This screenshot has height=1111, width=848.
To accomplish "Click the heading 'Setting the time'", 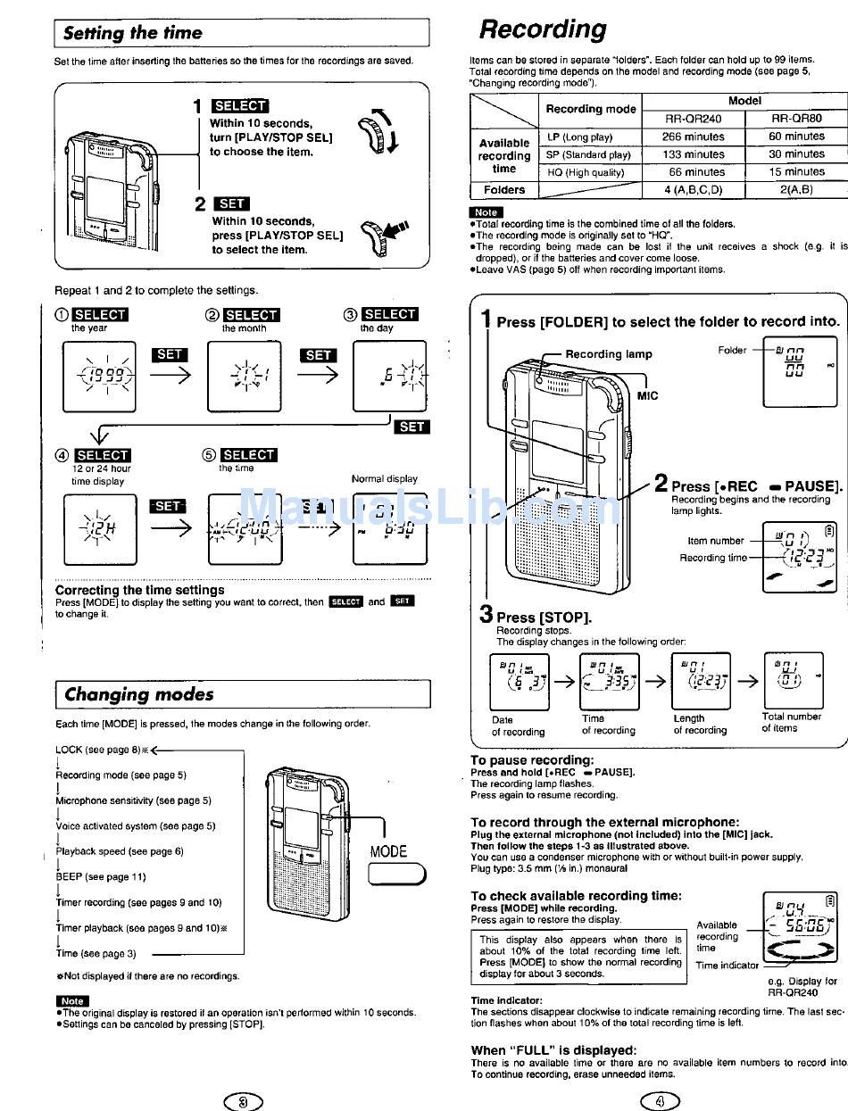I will pyautogui.click(x=133, y=33).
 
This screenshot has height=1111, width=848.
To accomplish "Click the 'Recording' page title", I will pyautogui.click(x=543, y=29).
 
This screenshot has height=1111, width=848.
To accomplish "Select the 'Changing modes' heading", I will pyautogui.click(x=139, y=694).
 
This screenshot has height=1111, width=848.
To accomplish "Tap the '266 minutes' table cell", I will pyautogui.click(x=694, y=137).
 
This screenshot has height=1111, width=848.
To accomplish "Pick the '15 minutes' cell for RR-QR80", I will pyautogui.click(x=797, y=171).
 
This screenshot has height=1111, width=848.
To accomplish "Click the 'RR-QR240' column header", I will pyautogui.click(x=694, y=119).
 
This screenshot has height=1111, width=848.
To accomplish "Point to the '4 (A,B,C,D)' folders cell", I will pyautogui.click(x=694, y=189).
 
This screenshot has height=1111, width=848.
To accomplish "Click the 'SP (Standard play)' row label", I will pyautogui.click(x=588, y=154).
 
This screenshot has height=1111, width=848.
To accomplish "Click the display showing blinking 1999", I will pyautogui.click(x=99, y=376).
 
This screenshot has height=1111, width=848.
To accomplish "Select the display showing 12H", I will pyautogui.click(x=99, y=526).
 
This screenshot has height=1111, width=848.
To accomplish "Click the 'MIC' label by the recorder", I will pyautogui.click(x=647, y=396).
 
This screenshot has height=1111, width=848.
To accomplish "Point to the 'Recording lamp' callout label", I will pyautogui.click(x=609, y=354).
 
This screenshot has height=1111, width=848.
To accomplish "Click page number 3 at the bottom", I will pyautogui.click(x=243, y=1101).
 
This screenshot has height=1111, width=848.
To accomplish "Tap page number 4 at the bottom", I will pyautogui.click(x=661, y=1101).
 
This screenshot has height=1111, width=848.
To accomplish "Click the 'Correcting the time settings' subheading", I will pyautogui.click(x=140, y=590).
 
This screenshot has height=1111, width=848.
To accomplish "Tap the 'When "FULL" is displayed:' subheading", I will pyautogui.click(x=553, y=1050).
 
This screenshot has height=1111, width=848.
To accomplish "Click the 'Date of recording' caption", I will pyautogui.click(x=518, y=725).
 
